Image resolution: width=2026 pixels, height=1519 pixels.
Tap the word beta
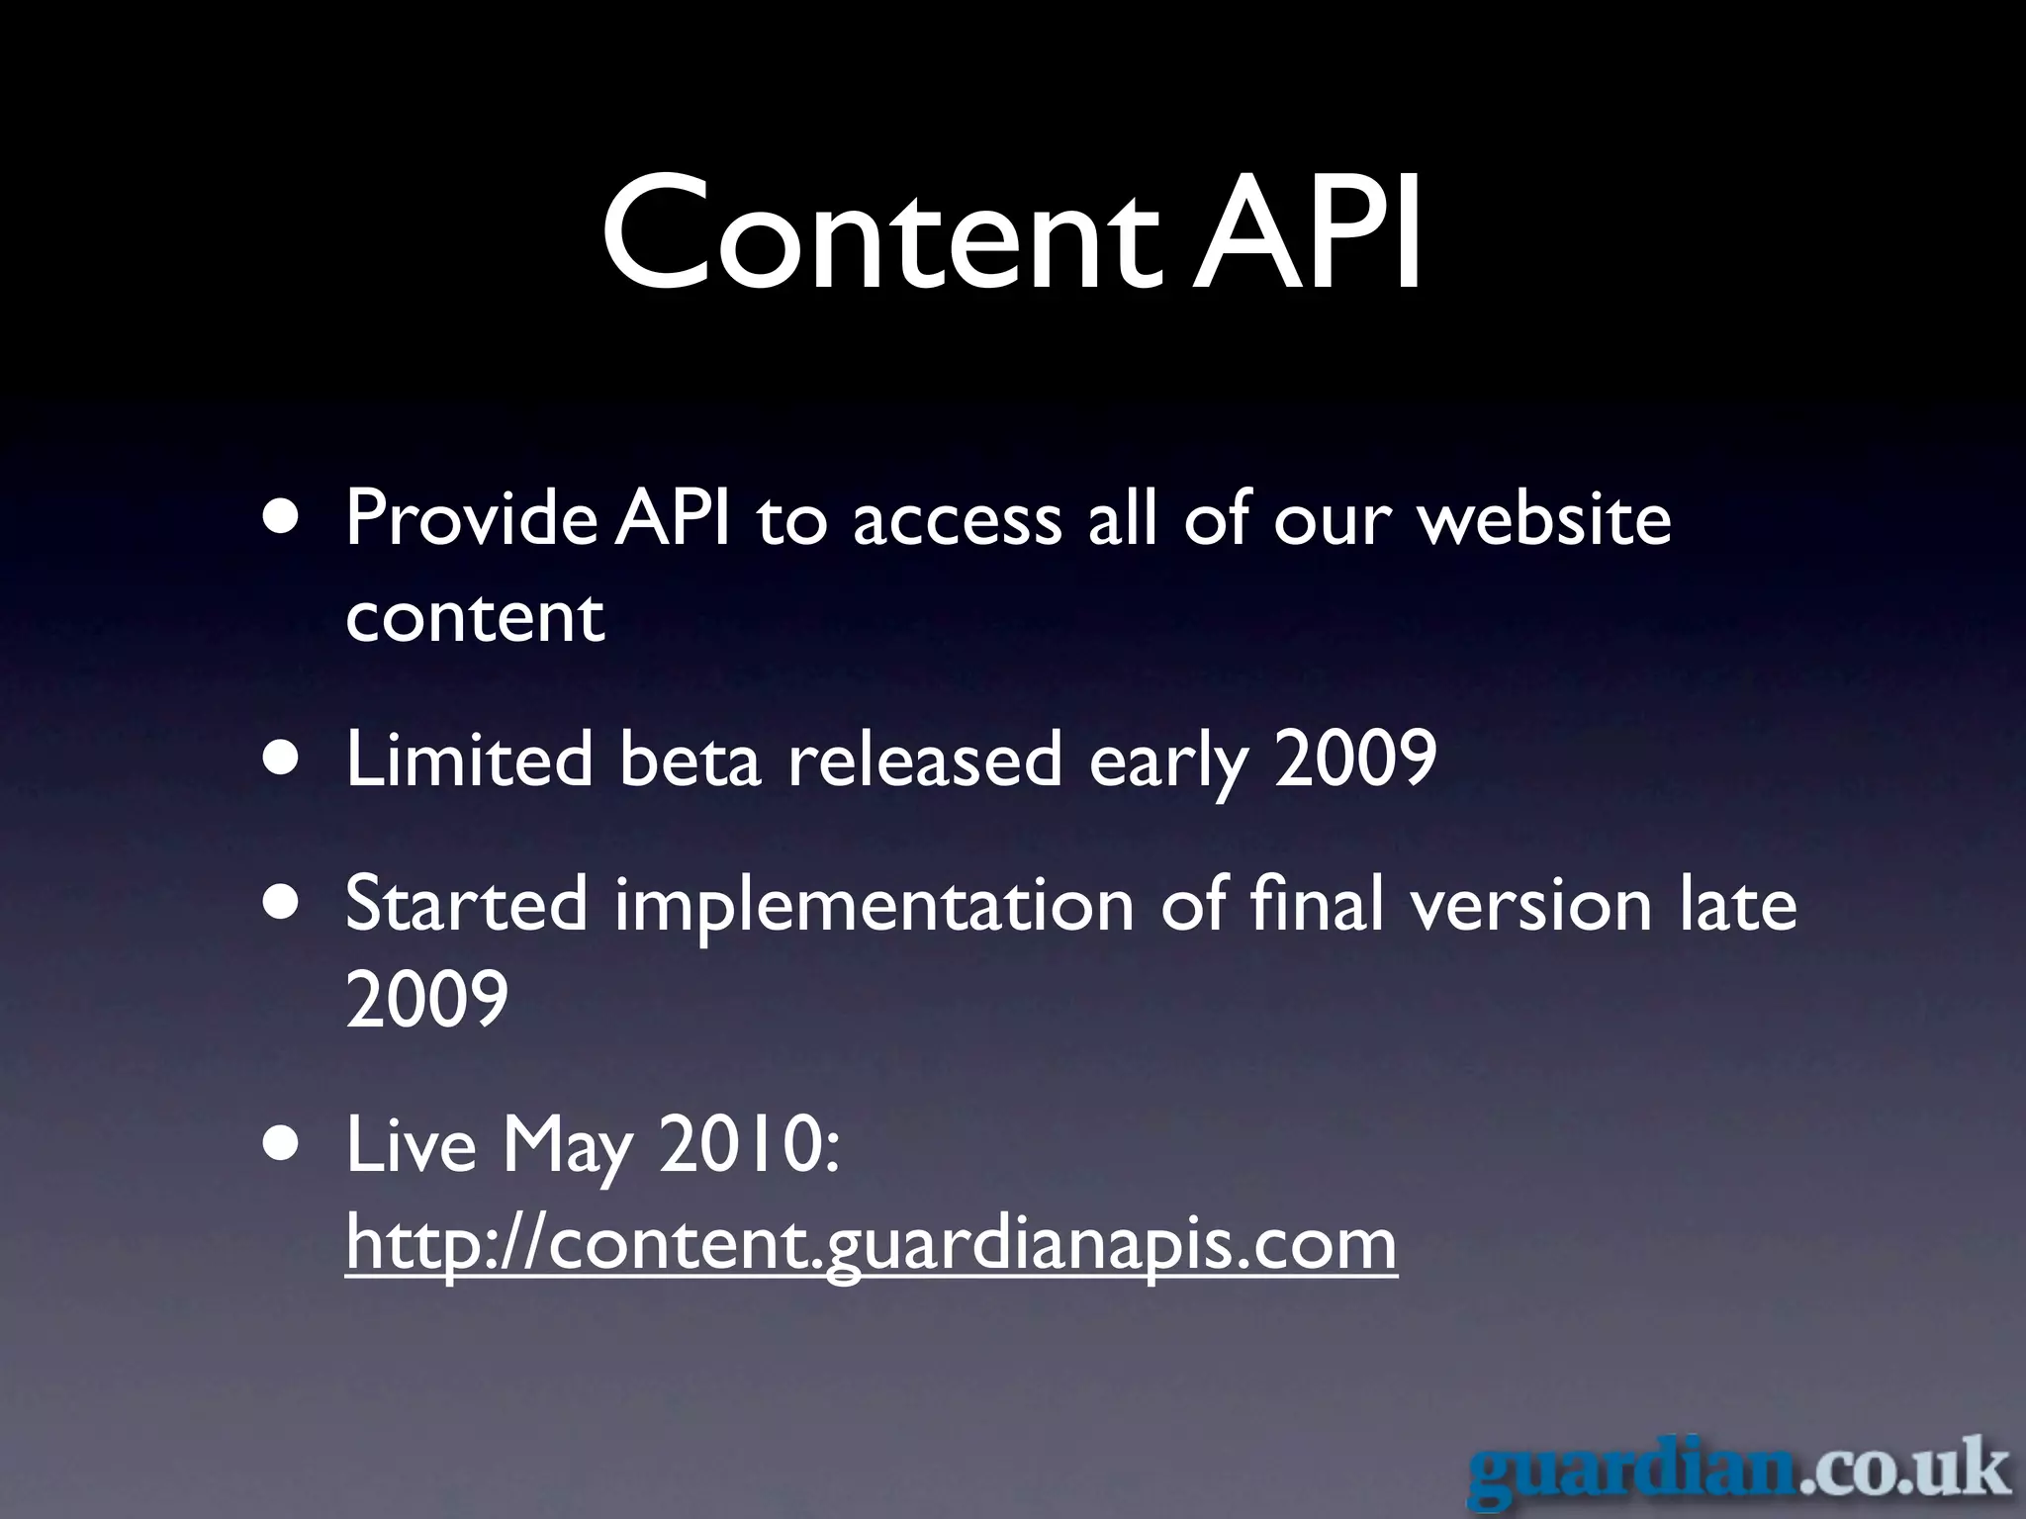tap(690, 759)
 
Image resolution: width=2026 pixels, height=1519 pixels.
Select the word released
tap(924, 759)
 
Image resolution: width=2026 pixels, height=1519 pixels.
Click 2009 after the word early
tap(1355, 759)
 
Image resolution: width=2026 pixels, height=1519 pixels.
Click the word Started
tap(467, 904)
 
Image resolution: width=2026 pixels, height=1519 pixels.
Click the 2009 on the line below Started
tap(427, 999)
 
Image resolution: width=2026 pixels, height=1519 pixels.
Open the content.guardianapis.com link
tap(872, 1244)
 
